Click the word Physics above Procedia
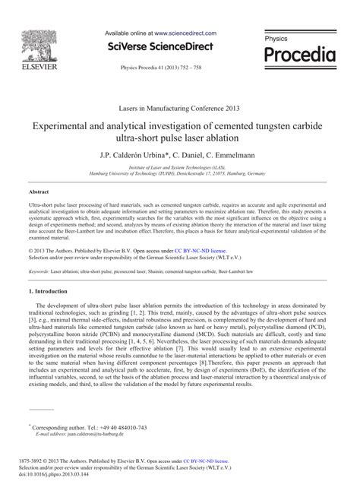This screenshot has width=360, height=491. (276, 37)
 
